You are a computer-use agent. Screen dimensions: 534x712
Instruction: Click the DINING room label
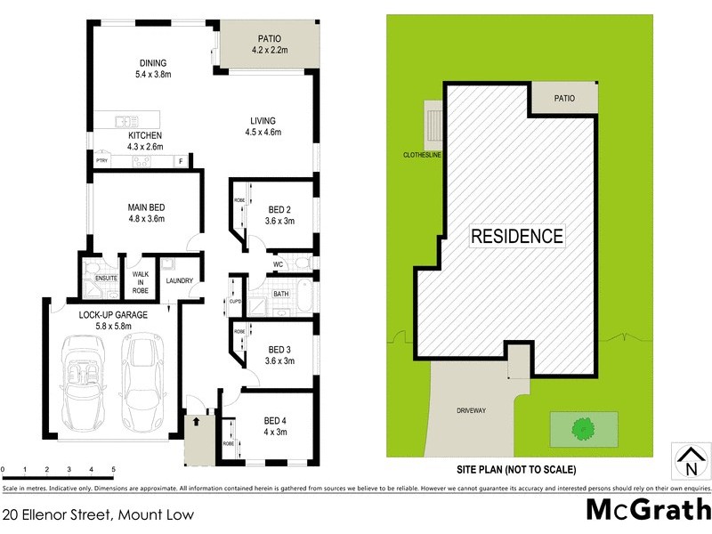[153, 62]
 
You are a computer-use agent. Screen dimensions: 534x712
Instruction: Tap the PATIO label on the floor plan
[270, 38]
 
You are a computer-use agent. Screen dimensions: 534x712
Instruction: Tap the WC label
[279, 264]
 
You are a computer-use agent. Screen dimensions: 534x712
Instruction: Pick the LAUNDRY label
[180, 282]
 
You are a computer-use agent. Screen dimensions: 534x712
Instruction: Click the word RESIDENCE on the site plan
[517, 236]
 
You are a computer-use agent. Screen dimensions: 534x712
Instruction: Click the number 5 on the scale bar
[113, 469]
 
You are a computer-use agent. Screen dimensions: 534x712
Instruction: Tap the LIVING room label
[263, 121]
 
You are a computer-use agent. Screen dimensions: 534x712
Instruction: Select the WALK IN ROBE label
[140, 281]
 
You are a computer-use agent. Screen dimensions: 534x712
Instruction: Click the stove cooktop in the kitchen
[142, 161]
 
